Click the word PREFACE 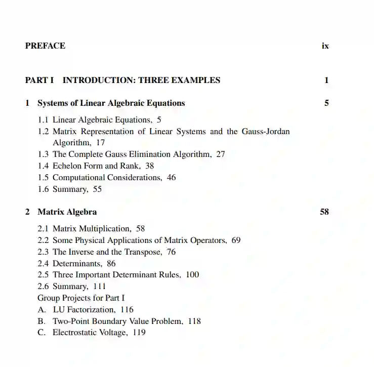[x=45, y=46]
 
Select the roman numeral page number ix [x=325, y=46]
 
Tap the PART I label [x=39, y=80]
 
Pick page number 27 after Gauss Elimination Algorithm [x=221, y=154]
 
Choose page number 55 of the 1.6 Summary [x=97, y=189]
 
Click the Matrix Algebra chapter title [x=67, y=212]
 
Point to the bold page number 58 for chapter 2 [x=324, y=212]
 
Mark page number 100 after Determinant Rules [x=192, y=275]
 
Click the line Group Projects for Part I [x=81, y=298]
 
